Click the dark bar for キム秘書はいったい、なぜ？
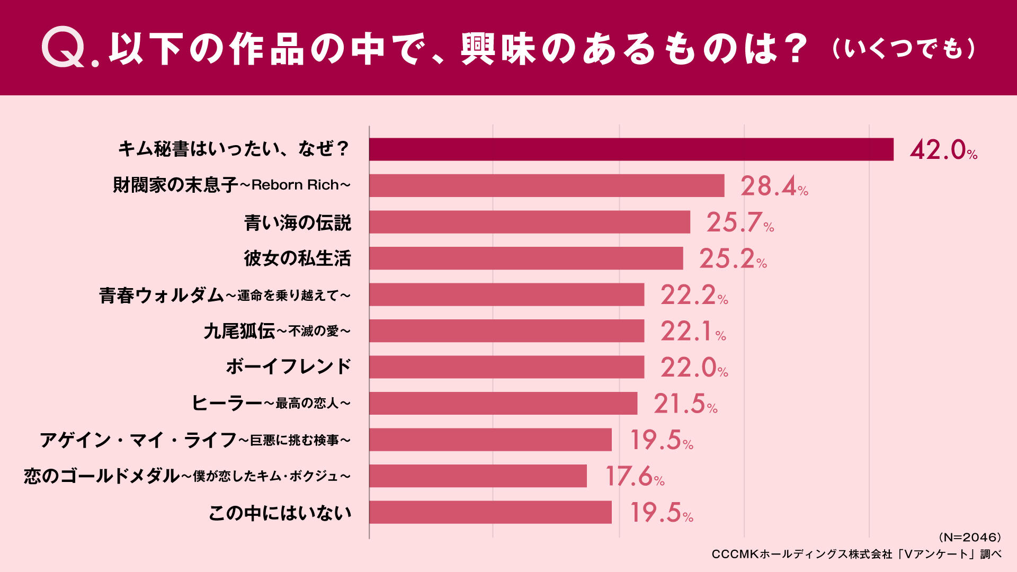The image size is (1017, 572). click(631, 149)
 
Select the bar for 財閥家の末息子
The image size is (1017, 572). click(547, 185)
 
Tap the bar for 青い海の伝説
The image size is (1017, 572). click(530, 222)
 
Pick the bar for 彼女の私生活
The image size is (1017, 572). click(527, 258)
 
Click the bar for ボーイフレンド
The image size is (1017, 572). click(507, 367)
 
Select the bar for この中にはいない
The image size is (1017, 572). click(490, 512)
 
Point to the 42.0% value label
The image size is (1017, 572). click(943, 150)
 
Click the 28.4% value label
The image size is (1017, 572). click(774, 186)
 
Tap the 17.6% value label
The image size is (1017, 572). click(635, 476)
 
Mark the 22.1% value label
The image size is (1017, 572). click(693, 332)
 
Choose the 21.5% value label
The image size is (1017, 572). click(685, 404)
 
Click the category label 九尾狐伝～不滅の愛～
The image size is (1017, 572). click(277, 331)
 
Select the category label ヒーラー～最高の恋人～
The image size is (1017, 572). click(271, 403)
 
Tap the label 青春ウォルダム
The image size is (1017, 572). click(162, 295)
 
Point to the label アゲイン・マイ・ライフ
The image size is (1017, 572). click(138, 440)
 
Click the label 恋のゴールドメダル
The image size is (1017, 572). click(102, 476)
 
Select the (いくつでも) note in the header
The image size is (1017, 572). click(904, 49)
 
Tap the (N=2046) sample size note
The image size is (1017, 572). click(970, 538)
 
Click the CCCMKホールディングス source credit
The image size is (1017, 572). click(857, 554)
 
